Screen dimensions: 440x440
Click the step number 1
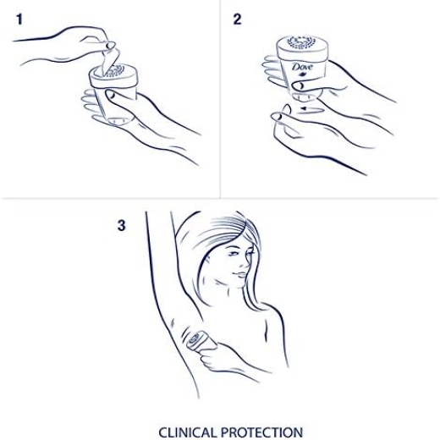pyautogui.click(x=19, y=19)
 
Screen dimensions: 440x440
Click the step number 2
pyautogui.click(x=237, y=19)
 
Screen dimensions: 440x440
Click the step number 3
pyautogui.click(x=121, y=226)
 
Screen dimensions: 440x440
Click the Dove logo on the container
pyautogui.click(x=302, y=67)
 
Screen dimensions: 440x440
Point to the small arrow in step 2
pyautogui.click(x=311, y=109)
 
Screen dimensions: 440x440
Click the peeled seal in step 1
pyautogui.click(x=110, y=62)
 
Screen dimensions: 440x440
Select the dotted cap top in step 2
pyautogui.click(x=301, y=42)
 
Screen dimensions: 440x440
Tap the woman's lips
pyautogui.click(x=239, y=274)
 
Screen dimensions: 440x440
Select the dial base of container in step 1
pyautogui.click(x=119, y=121)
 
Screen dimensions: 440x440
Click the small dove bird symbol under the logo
pyautogui.click(x=303, y=74)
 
